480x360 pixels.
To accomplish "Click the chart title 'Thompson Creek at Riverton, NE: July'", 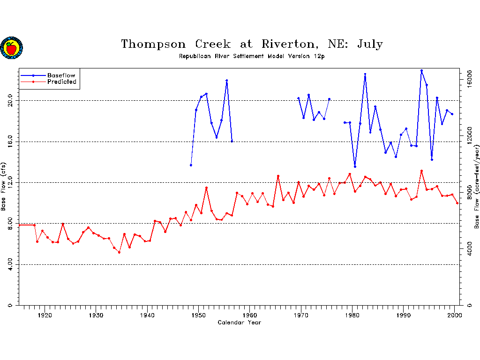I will (252, 45).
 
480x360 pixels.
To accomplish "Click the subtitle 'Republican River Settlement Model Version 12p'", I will (252, 56).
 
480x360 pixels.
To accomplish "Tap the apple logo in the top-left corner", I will (11, 48).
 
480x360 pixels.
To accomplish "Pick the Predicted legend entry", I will (61, 82).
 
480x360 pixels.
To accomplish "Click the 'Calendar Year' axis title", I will (240, 322).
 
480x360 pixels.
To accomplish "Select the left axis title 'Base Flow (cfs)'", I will (4, 187).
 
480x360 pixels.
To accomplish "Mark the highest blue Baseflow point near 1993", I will (421, 71).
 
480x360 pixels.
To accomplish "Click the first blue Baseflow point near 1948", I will (191, 165).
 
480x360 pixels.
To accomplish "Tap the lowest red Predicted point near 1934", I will (119, 252).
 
